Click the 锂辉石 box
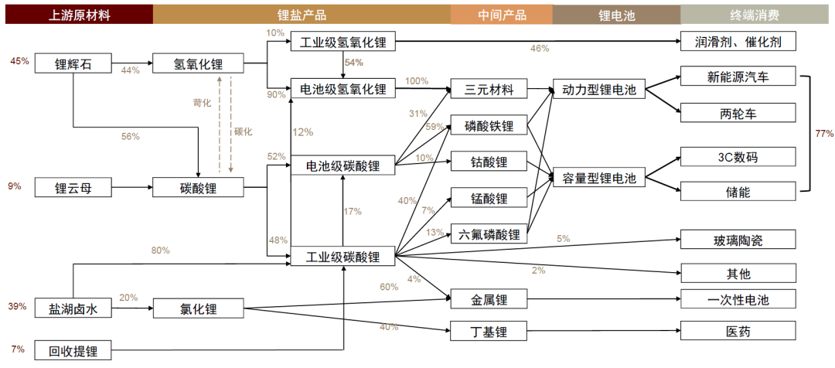[x=73, y=63]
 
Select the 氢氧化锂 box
[x=198, y=63]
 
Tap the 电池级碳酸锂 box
[x=343, y=165]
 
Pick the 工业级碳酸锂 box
[x=343, y=257]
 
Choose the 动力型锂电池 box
[x=598, y=90]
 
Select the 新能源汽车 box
[x=738, y=77]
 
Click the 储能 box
[x=738, y=192]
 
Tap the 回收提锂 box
[x=73, y=350]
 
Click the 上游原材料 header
[x=80, y=15]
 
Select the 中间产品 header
[x=501, y=15]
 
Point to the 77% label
[x=824, y=134]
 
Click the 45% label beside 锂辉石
[x=19, y=61]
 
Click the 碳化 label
[x=243, y=131]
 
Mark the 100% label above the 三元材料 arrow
[x=417, y=81]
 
